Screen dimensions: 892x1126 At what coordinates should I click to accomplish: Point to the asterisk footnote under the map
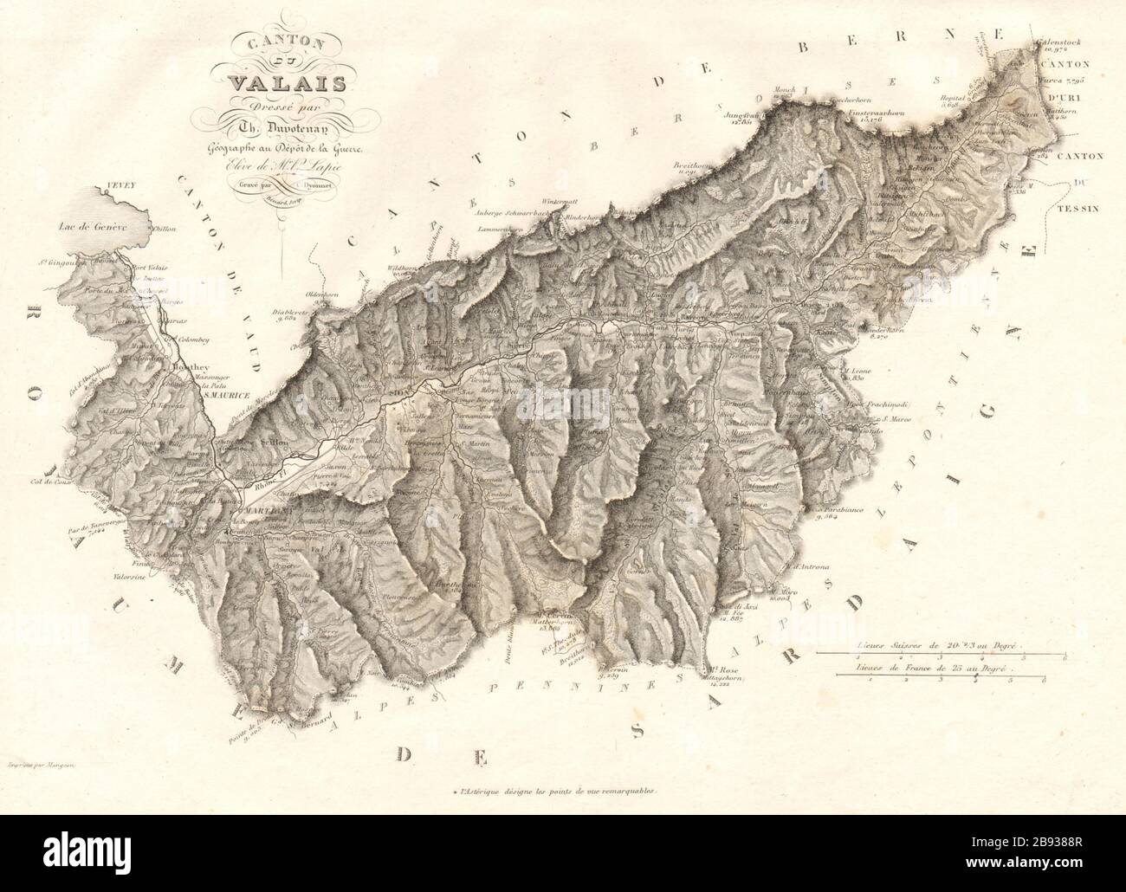coord(555,791)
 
